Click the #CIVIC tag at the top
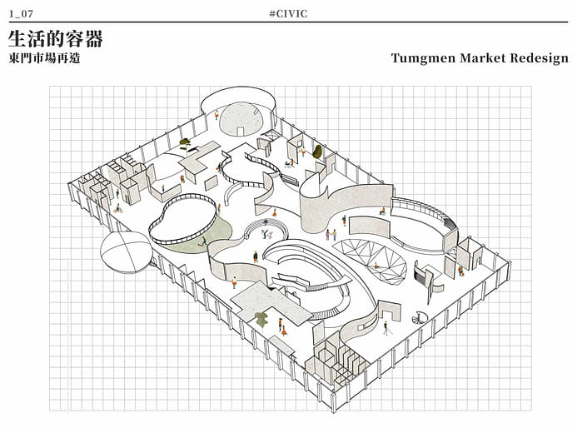point(288,13)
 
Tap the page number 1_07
point(21,13)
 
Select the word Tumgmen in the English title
point(422,58)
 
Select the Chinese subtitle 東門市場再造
point(44,58)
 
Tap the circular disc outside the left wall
point(125,251)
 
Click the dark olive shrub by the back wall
point(316,152)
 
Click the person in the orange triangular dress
point(283,329)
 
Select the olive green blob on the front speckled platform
point(261,316)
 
